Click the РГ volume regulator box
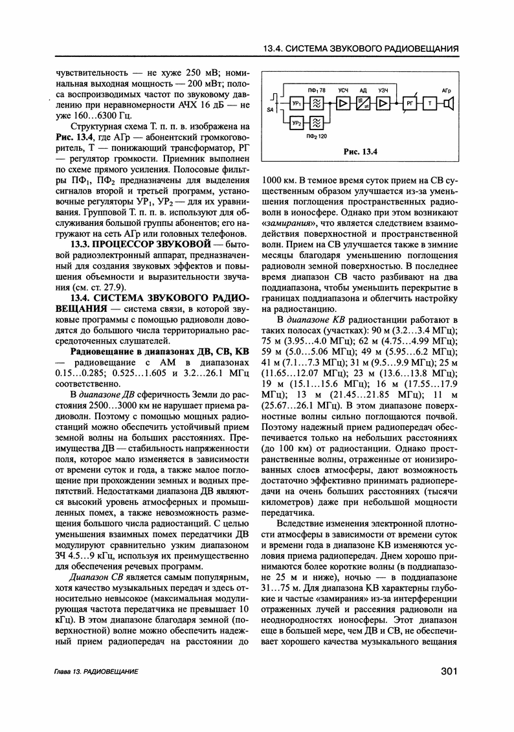[409, 104]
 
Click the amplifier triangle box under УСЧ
[343, 104]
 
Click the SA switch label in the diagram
[270, 111]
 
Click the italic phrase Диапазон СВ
[96, 576]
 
